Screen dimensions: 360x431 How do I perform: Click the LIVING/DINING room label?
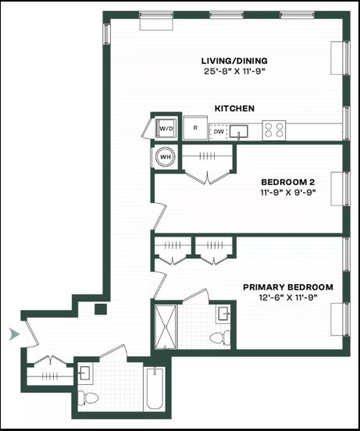click(234, 61)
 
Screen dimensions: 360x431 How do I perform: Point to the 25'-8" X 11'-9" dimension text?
click(234, 72)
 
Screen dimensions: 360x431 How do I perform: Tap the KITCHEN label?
click(234, 109)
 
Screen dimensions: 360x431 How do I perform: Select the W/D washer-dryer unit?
click(166, 128)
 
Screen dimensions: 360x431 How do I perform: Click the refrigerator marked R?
click(195, 128)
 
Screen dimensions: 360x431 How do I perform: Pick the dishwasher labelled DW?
click(219, 132)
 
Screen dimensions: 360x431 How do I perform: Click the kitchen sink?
click(238, 131)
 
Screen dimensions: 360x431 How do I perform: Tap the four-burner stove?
click(274, 130)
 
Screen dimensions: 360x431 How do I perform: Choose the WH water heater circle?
click(165, 157)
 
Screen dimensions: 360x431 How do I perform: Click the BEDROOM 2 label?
click(287, 182)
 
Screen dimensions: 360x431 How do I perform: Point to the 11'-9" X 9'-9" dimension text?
click(287, 192)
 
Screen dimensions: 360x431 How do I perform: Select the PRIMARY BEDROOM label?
click(288, 287)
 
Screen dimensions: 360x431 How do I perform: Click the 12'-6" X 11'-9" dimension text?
click(288, 297)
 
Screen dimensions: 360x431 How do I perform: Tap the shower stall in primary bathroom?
click(166, 327)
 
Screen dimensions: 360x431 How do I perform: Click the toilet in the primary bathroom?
click(220, 338)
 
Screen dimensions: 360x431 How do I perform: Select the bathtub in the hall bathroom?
click(155, 388)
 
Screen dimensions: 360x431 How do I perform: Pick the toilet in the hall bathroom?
click(88, 398)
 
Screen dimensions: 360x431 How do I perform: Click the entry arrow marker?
click(14, 334)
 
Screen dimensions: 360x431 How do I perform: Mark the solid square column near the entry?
click(101, 309)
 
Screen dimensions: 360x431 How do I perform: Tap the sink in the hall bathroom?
click(84, 373)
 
